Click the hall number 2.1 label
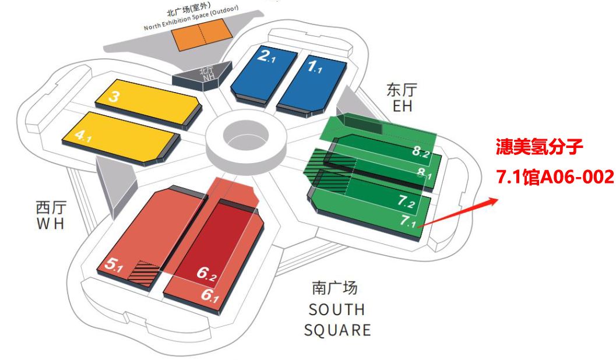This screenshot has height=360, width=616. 269,57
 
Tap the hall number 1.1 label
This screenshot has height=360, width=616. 315,66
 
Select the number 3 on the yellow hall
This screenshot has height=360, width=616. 114,97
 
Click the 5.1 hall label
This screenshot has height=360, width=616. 113,264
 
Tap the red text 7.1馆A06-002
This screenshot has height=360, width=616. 554,175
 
